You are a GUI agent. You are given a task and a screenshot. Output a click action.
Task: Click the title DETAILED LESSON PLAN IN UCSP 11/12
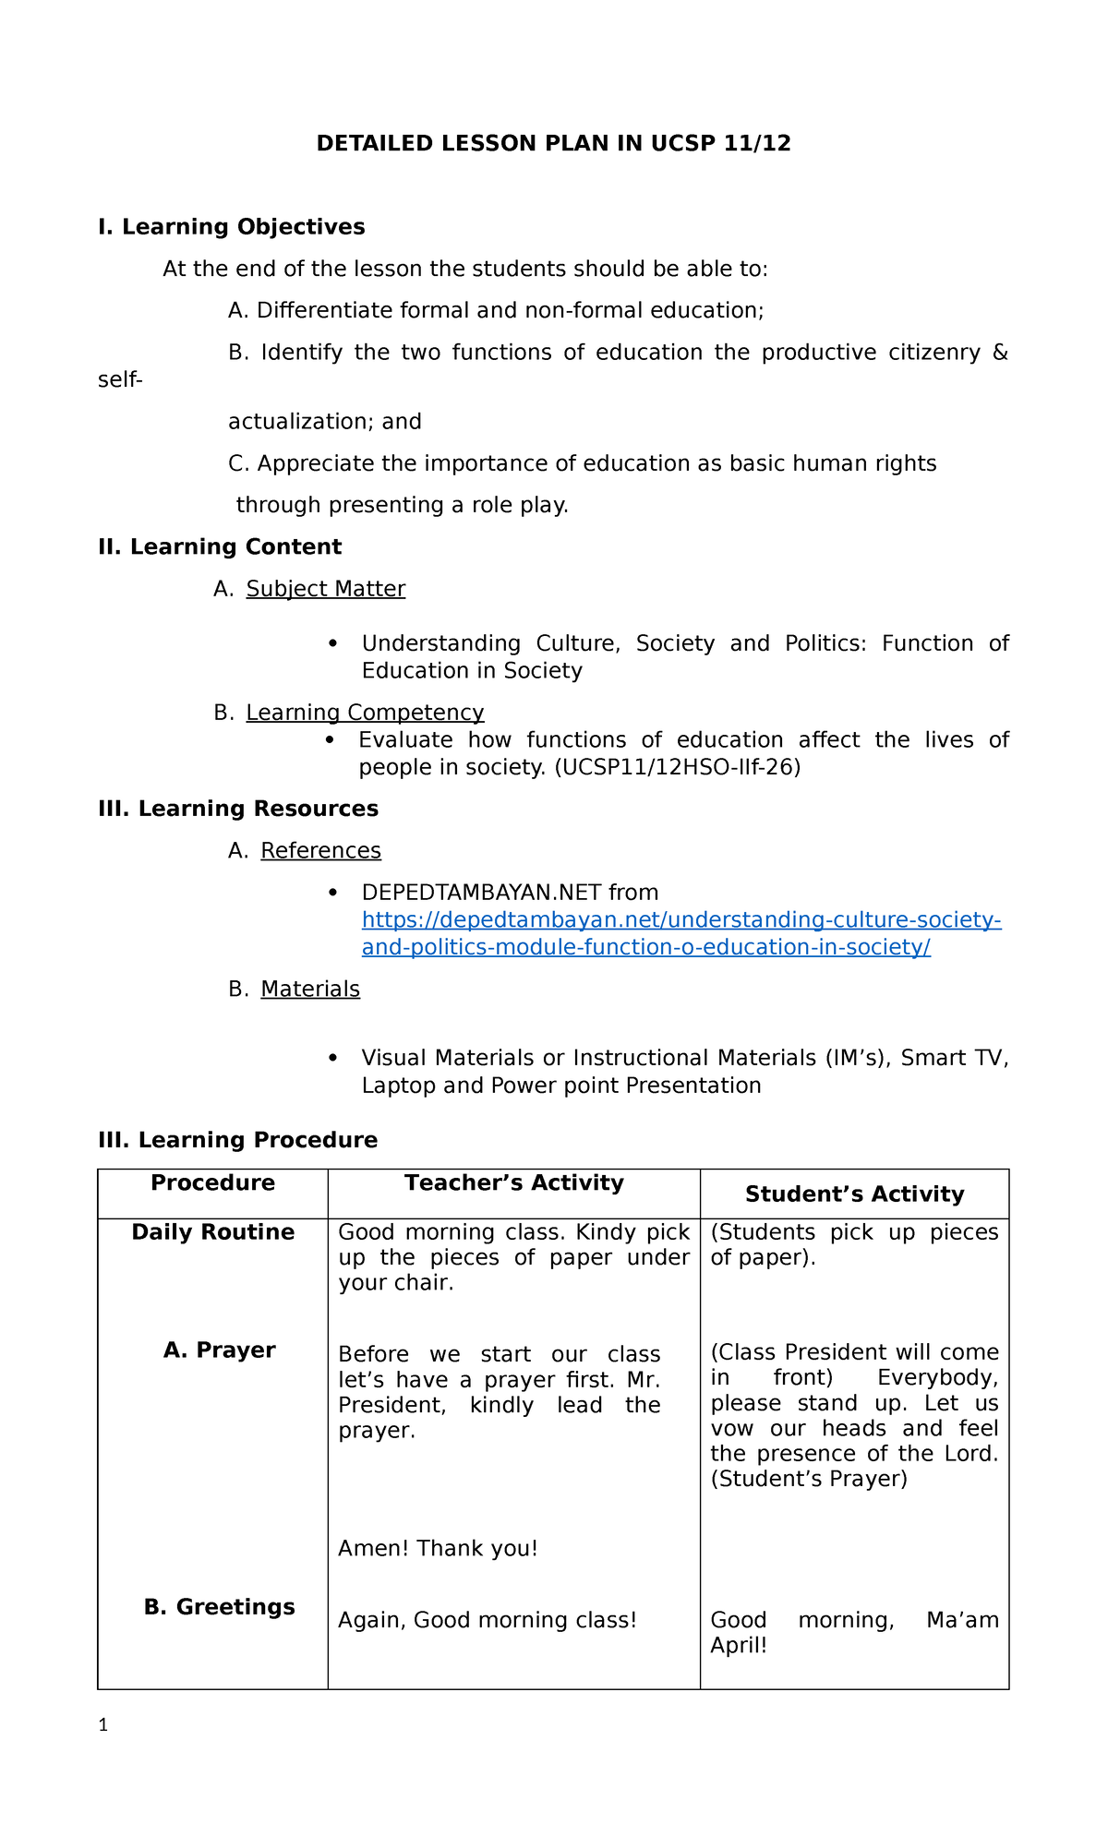[553, 143]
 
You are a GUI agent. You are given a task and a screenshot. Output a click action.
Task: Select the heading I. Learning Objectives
[231, 227]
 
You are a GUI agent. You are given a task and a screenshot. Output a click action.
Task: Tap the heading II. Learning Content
[220, 547]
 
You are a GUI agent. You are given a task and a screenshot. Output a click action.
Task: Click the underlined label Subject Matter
[325, 589]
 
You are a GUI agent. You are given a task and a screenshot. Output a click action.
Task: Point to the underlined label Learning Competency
[365, 713]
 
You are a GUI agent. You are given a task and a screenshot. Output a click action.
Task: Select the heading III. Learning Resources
[238, 809]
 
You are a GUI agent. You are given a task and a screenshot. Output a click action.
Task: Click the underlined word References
[320, 850]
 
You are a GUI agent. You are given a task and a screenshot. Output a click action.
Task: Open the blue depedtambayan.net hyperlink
[680, 921]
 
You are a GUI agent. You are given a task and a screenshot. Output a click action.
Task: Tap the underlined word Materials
[310, 990]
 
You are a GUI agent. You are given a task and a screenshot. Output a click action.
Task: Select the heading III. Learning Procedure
[238, 1140]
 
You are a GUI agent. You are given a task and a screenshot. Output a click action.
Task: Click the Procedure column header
[212, 1183]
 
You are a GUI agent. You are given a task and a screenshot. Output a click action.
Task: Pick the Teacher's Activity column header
[513, 1183]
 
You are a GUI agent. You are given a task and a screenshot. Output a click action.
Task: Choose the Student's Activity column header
[854, 1194]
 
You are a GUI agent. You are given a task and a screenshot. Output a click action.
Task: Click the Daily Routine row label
[212, 1232]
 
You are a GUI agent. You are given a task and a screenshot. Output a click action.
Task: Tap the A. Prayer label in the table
[219, 1350]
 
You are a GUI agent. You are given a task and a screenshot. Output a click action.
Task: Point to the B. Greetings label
[219, 1607]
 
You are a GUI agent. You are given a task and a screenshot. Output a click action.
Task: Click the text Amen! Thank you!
[438, 1549]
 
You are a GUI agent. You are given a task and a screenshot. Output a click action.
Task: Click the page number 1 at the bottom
[103, 1725]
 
